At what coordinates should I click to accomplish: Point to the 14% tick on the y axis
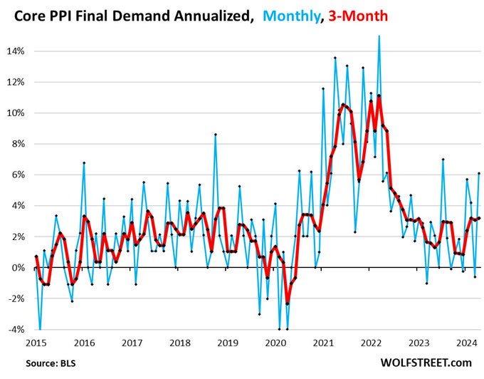16,51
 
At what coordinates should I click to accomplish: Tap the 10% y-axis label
16,113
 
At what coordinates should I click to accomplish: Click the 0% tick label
19,268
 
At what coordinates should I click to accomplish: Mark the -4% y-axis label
17,330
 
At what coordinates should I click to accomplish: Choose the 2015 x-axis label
36,342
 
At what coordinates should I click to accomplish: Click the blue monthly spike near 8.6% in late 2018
215,134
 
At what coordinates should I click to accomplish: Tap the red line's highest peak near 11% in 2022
379,95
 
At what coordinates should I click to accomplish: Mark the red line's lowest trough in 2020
288,303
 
